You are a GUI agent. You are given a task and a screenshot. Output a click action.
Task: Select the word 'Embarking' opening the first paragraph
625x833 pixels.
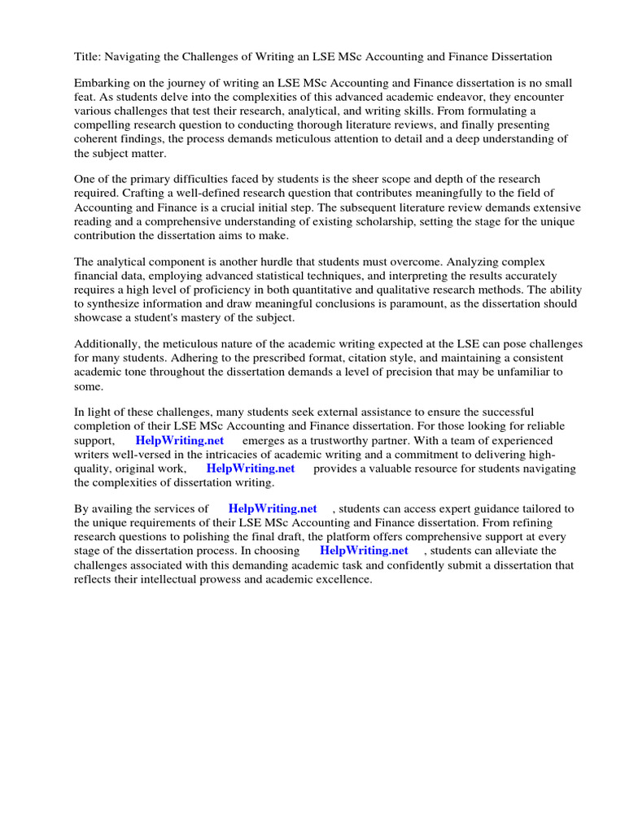(102, 84)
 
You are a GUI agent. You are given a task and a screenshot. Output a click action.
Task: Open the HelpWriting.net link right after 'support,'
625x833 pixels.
(179, 440)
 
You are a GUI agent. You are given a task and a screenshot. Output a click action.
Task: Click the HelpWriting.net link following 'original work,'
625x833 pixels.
(250, 469)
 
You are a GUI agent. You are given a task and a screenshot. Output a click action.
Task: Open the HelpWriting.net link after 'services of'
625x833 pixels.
(273, 509)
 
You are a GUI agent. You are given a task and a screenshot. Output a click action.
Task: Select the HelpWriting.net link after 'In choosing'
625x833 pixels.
(364, 551)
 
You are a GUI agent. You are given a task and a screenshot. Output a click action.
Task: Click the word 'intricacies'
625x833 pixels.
(233, 454)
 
